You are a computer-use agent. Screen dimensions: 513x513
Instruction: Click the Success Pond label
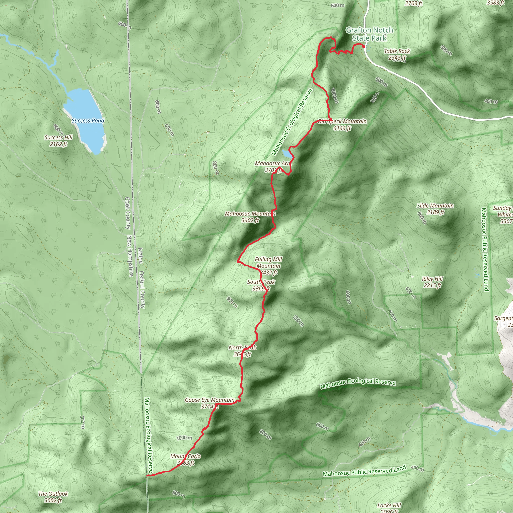(88, 121)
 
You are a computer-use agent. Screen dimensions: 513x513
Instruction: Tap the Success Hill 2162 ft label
(58, 141)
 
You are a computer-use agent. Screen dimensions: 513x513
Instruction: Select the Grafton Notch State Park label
(369, 34)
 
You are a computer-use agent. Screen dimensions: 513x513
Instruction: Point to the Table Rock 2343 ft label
(397, 54)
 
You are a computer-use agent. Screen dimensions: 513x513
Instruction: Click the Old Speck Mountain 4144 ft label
(342, 124)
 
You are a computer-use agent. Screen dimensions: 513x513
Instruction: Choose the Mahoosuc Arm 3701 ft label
(273, 167)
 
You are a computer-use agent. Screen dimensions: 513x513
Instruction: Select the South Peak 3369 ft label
(261, 285)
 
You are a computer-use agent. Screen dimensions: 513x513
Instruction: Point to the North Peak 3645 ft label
(242, 351)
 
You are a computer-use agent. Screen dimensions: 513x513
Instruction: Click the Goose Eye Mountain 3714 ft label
(210, 403)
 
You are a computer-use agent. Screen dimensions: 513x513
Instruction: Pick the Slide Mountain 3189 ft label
(435, 209)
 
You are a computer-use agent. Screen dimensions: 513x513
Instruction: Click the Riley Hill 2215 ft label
(432, 282)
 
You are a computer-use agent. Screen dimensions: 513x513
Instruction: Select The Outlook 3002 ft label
(53, 497)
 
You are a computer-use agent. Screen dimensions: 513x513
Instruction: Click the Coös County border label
(128, 213)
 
